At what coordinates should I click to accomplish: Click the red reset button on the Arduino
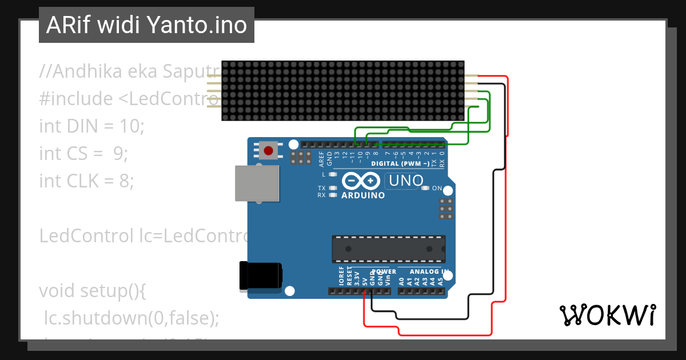tap(268, 150)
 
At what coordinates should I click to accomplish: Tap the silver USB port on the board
tap(257, 183)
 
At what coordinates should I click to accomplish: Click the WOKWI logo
tap(607, 315)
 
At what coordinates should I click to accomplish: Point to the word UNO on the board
tap(406, 182)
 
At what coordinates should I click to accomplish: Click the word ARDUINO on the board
tap(363, 195)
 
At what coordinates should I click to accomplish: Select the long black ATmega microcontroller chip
tap(389, 249)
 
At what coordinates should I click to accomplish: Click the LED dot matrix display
tap(342, 91)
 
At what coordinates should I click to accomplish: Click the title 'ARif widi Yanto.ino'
tap(146, 25)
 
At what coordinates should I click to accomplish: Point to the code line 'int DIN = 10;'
tap(92, 126)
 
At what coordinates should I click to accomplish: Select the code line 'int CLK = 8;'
tap(86, 181)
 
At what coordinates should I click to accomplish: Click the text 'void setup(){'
tap(93, 290)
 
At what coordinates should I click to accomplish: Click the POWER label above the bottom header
tap(384, 272)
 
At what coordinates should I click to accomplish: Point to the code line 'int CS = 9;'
tap(83, 153)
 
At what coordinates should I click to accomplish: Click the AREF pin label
tap(321, 158)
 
